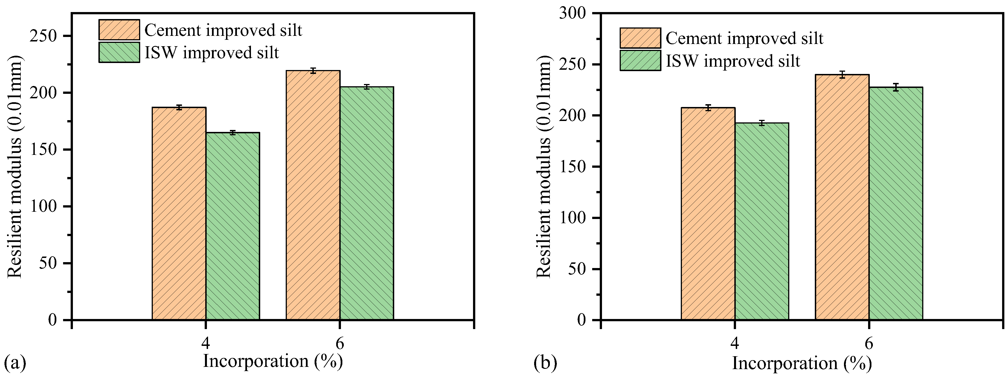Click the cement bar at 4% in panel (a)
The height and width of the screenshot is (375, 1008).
(x=179, y=213)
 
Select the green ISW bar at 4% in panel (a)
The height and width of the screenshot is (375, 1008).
(x=232, y=226)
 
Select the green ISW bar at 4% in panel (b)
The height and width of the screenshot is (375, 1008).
(x=762, y=221)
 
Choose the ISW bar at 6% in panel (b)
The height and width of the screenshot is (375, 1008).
(x=896, y=203)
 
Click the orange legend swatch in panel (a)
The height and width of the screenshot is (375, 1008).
(x=119, y=30)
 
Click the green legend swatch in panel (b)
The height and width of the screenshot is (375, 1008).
(x=640, y=60)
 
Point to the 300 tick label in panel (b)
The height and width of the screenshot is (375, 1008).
(x=572, y=13)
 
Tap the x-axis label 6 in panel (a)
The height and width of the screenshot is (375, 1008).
(x=340, y=343)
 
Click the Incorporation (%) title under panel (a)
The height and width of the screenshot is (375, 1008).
(x=273, y=361)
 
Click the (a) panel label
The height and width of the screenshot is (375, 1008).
(x=15, y=363)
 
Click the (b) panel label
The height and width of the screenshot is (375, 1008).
(x=545, y=363)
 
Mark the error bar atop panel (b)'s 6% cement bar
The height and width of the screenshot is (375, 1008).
(x=842, y=74)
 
